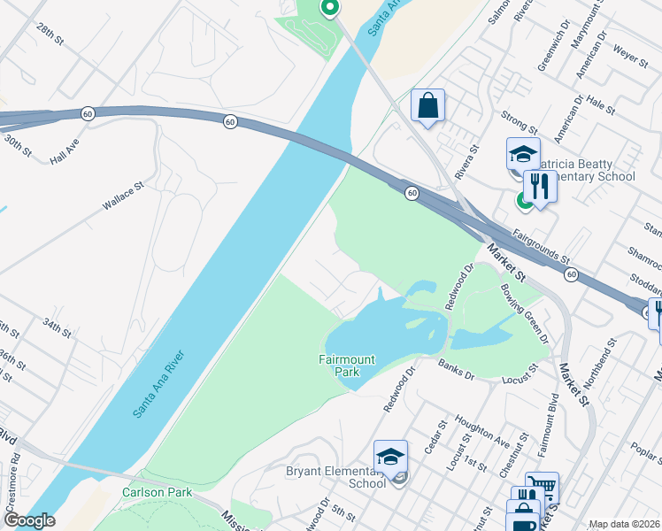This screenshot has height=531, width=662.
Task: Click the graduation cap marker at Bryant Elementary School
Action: pyautogui.click(x=390, y=457)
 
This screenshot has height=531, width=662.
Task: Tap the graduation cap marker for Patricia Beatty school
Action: pyautogui.click(x=522, y=154)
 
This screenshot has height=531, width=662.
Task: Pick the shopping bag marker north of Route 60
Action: pyautogui.click(x=427, y=106)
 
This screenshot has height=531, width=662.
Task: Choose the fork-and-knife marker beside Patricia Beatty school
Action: pyautogui.click(x=539, y=186)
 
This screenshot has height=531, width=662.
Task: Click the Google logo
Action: pyautogui.click(x=28, y=520)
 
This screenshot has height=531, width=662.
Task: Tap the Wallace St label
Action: pyautogui.click(x=122, y=196)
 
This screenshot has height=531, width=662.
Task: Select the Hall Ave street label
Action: pyautogui.click(x=65, y=156)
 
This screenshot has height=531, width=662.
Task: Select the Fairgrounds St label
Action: pyautogui.click(x=541, y=250)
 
